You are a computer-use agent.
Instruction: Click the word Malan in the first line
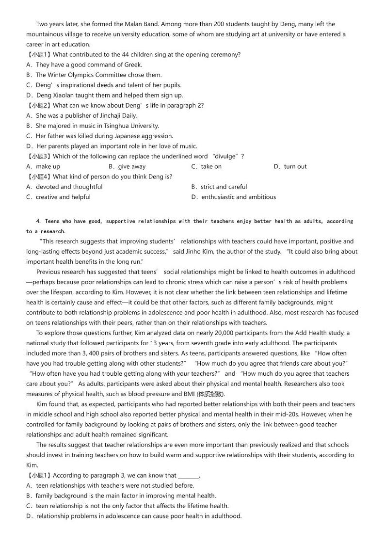125,24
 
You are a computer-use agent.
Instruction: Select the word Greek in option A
132,64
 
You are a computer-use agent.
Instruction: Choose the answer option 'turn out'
295,166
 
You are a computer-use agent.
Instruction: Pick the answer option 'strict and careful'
224,187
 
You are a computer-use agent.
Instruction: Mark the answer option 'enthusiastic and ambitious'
239,197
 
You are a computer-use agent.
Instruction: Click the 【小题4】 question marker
39,176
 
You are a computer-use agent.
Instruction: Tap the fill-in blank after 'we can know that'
189,476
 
